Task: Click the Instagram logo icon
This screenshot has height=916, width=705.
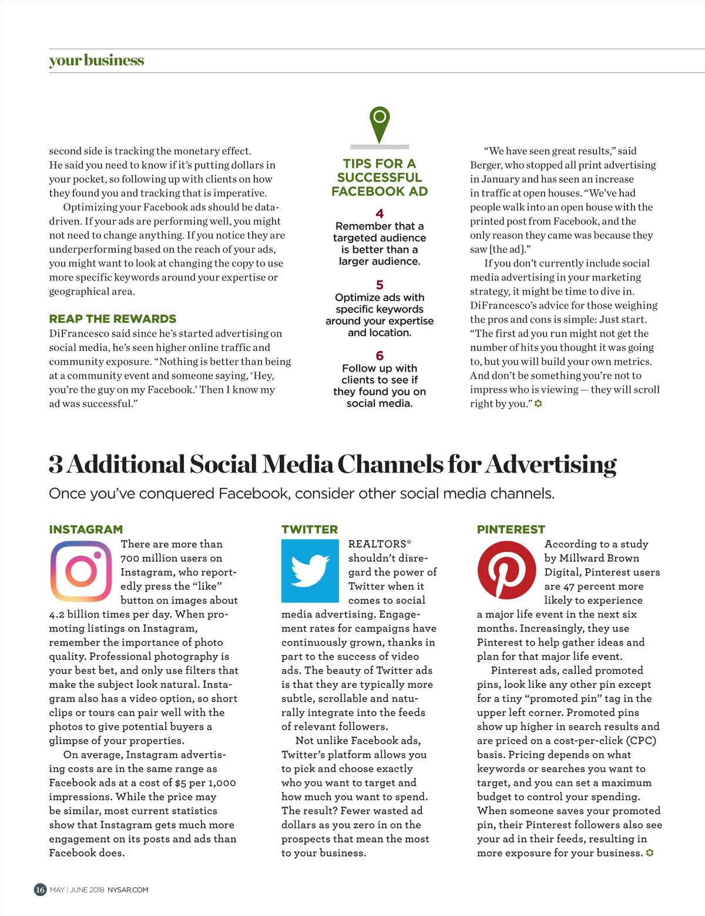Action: click(81, 571)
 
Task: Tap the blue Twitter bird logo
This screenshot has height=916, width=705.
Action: click(310, 571)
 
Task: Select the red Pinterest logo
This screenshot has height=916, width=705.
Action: click(506, 571)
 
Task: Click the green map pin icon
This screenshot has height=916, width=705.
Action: click(380, 124)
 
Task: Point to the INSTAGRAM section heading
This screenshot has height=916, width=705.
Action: click(86, 529)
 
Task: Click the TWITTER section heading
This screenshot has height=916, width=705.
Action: click(310, 529)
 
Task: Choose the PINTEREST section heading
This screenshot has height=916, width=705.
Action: click(511, 529)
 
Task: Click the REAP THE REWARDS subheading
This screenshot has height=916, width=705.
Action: click(112, 319)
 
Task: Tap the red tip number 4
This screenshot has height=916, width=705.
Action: click(380, 213)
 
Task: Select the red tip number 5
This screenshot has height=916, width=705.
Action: click(380, 285)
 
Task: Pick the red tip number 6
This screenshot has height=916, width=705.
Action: click(380, 356)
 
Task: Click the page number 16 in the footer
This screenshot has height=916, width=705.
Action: click(40, 890)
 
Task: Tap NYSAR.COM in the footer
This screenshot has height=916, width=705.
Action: click(128, 890)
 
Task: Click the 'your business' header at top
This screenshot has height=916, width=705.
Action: click(96, 61)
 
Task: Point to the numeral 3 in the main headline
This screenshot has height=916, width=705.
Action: click(56, 464)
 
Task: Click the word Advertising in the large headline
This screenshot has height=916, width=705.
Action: click(551, 464)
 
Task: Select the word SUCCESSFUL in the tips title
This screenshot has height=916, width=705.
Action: click(380, 178)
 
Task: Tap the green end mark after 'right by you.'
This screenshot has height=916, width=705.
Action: click(538, 404)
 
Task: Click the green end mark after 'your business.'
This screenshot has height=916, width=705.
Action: click(650, 853)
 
